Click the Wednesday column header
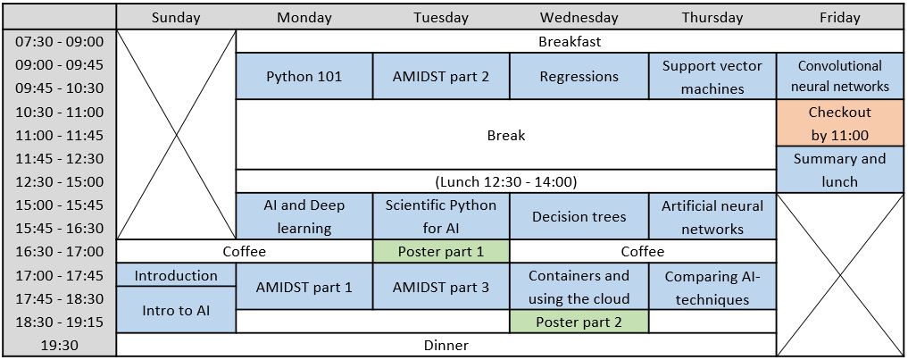pyautogui.click(x=579, y=17)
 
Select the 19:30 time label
pyautogui.click(x=59, y=346)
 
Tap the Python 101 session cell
pyautogui.click(x=304, y=77)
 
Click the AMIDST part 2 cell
pyautogui.click(x=441, y=77)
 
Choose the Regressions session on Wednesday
pyautogui.click(x=579, y=77)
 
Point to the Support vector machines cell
pyautogui.click(x=712, y=77)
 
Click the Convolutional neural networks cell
pyautogui.click(x=839, y=77)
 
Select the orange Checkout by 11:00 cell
pyautogui.click(x=839, y=123)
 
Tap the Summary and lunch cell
pyautogui.click(x=839, y=170)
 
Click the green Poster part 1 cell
pyautogui.click(x=441, y=252)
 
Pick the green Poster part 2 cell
pyautogui.click(x=579, y=322)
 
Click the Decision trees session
pyautogui.click(x=579, y=217)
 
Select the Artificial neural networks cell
pyautogui.click(x=712, y=217)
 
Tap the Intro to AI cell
pyautogui.click(x=176, y=310)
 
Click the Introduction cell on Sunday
pyautogui.click(x=176, y=275)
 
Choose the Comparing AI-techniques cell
pyautogui.click(x=712, y=287)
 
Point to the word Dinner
pyautogui.click(x=446, y=346)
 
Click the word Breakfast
pyautogui.click(x=570, y=42)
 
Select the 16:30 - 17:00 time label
pyautogui.click(x=59, y=252)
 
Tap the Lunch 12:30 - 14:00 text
pyautogui.click(x=506, y=182)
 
